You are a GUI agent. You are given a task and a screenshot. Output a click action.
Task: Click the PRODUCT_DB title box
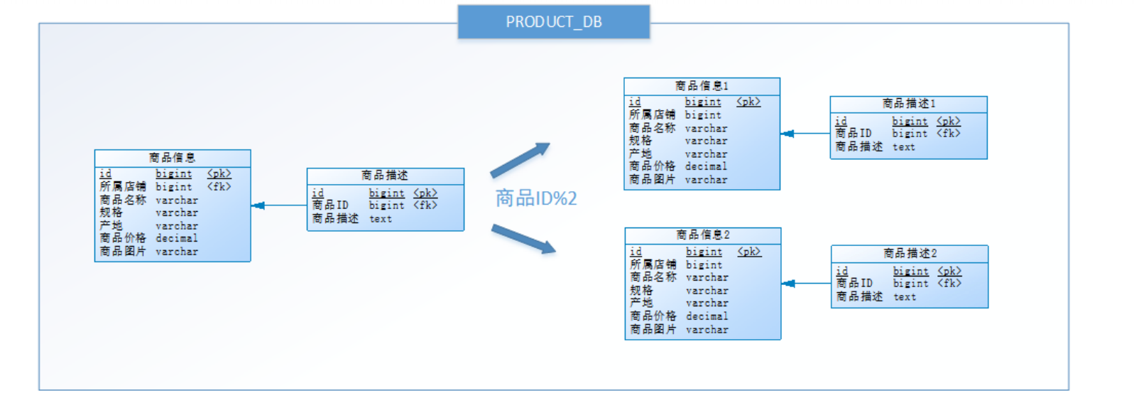(x=553, y=22)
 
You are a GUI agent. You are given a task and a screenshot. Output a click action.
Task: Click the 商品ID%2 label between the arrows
(x=536, y=198)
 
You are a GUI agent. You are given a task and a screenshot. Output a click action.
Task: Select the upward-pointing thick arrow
(x=520, y=160)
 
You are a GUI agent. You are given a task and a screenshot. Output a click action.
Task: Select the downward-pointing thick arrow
(x=523, y=239)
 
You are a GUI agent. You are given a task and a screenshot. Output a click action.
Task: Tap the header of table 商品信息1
(x=702, y=86)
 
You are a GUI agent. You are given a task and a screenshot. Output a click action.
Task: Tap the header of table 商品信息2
(x=702, y=235)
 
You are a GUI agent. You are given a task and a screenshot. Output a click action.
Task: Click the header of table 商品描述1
(x=908, y=104)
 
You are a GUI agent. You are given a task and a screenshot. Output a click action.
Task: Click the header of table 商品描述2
(x=910, y=254)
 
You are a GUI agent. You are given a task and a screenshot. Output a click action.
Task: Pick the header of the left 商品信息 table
(x=172, y=157)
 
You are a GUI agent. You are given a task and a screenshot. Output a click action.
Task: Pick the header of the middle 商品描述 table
(x=385, y=176)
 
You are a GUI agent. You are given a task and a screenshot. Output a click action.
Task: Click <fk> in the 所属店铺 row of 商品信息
(x=219, y=187)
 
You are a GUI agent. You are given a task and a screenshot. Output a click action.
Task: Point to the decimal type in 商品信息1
(x=705, y=166)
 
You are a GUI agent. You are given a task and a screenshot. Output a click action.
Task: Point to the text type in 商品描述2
(x=904, y=297)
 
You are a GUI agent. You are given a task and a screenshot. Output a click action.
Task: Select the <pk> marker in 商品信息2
(x=749, y=252)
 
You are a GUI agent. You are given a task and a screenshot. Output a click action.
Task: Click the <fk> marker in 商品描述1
(x=948, y=134)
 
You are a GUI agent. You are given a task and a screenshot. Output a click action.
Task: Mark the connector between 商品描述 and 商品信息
(x=278, y=205)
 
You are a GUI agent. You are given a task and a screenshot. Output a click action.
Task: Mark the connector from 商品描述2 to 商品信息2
(x=806, y=284)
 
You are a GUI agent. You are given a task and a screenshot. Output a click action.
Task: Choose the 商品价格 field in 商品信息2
(x=653, y=316)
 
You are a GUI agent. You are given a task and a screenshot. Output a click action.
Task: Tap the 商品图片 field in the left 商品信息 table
(x=122, y=252)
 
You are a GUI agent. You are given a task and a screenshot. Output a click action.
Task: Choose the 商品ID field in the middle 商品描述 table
(x=330, y=205)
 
